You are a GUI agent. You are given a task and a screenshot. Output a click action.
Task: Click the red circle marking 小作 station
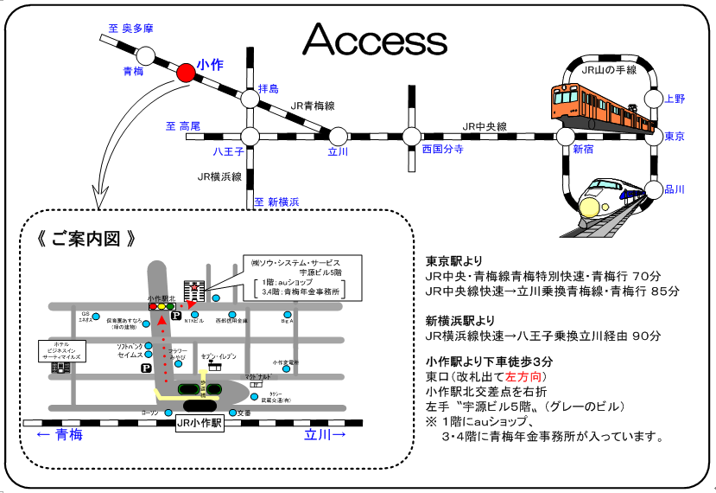pyautogui.click(x=186, y=73)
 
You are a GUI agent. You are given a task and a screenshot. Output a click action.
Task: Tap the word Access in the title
pyautogui.click(x=374, y=39)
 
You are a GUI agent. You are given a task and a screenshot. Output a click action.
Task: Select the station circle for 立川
pyautogui.click(x=338, y=136)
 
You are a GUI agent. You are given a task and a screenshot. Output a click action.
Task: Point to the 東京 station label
pyautogui.click(x=675, y=137)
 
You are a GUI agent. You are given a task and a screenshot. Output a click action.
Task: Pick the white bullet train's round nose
pyautogui.click(x=591, y=208)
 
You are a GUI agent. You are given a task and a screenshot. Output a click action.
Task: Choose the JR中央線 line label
pyautogui.click(x=485, y=127)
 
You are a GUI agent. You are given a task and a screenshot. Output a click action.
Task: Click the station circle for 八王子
pyautogui.click(x=250, y=136)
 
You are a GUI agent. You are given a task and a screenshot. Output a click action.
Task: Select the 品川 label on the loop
pyautogui.click(x=675, y=189)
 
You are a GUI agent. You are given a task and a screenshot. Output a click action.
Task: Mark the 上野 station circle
pyautogui.click(x=654, y=98)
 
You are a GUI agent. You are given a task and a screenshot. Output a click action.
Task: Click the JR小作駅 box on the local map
pyautogui.click(x=200, y=424)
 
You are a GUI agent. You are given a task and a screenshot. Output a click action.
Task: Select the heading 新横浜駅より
pyautogui.click(x=460, y=319)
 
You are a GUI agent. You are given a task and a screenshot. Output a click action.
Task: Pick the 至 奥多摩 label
pyautogui.click(x=130, y=29)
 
